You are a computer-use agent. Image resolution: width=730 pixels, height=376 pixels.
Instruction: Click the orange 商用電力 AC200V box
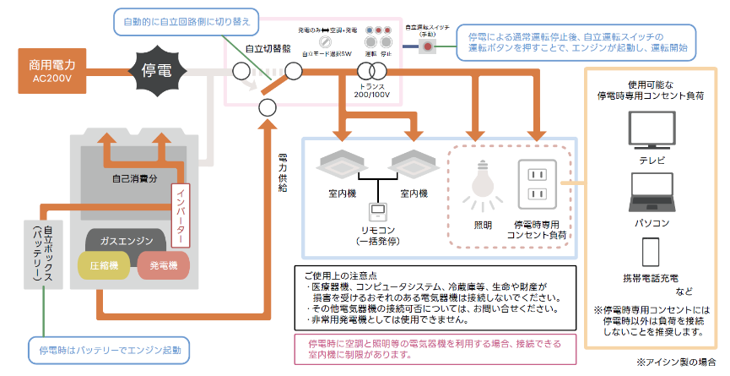(52, 70)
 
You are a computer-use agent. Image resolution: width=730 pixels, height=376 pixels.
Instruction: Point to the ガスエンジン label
(135, 239)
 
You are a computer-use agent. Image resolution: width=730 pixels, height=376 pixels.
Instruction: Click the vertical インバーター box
(180, 216)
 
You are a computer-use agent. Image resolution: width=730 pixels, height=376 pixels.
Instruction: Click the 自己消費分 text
(133, 179)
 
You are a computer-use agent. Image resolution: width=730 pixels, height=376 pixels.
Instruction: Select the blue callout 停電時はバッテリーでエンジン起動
(107, 348)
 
